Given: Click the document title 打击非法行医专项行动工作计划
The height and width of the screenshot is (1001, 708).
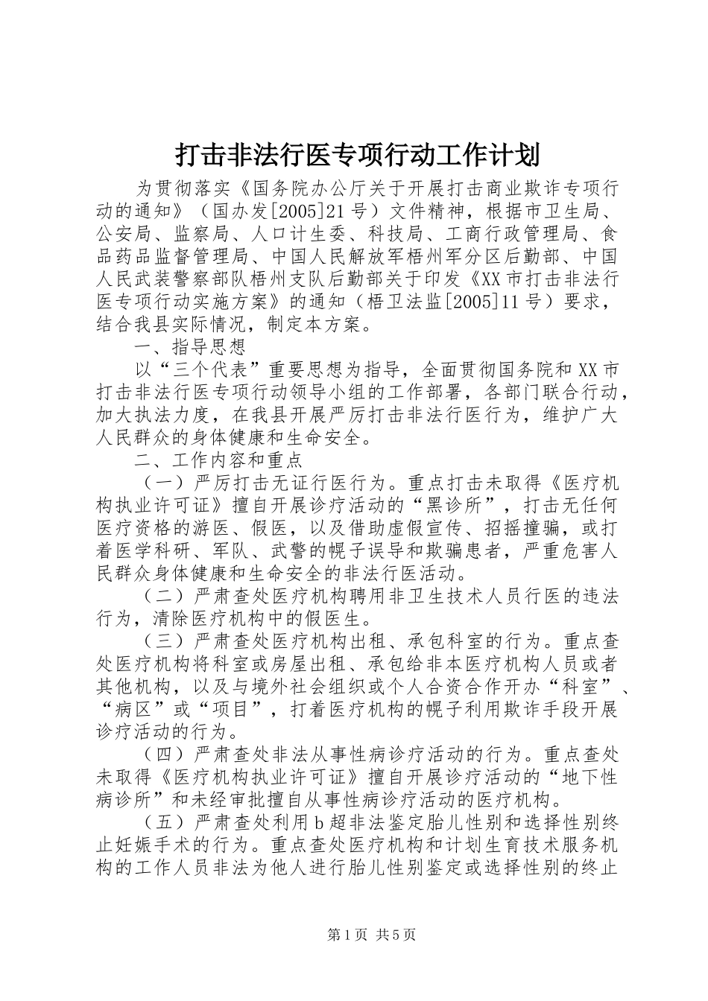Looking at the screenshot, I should click(x=355, y=155).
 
